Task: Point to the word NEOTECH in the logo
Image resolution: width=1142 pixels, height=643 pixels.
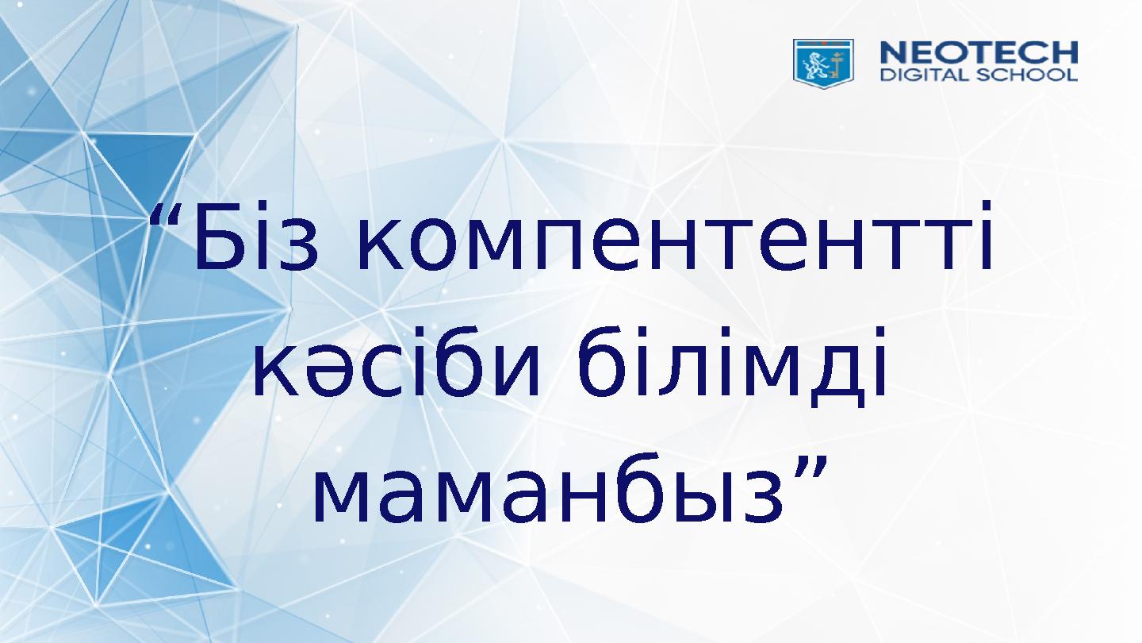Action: pyautogui.click(x=979, y=54)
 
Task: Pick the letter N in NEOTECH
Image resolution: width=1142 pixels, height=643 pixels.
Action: pyautogui.click(x=894, y=54)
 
